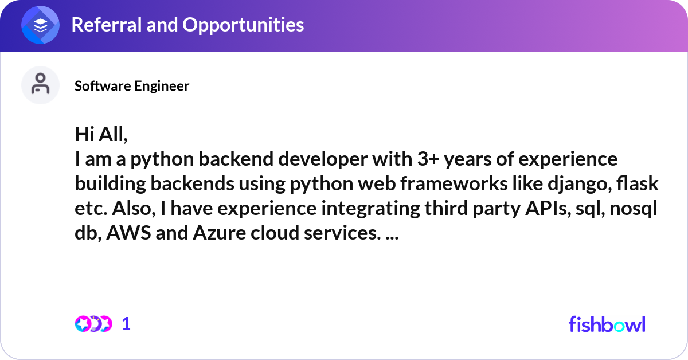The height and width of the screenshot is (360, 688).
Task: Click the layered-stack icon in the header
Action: [40, 25]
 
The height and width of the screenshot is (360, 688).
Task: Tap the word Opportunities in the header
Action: [243, 25]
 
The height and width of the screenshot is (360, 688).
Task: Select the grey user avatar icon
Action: [40, 85]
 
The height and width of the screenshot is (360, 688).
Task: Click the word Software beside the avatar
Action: [102, 86]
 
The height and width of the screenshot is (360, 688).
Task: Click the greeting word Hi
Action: [84, 134]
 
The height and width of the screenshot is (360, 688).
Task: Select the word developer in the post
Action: [322, 160]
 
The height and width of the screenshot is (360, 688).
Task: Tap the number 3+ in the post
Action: [428, 159]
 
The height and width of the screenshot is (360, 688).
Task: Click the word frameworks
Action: [454, 183]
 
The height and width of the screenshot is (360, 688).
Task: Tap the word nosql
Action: [634, 209]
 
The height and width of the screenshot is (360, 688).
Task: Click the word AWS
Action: [128, 233]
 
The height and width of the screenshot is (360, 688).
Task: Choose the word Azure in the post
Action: [219, 233]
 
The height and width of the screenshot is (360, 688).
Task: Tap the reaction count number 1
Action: [126, 324]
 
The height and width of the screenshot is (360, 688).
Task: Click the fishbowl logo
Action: [607, 324]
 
